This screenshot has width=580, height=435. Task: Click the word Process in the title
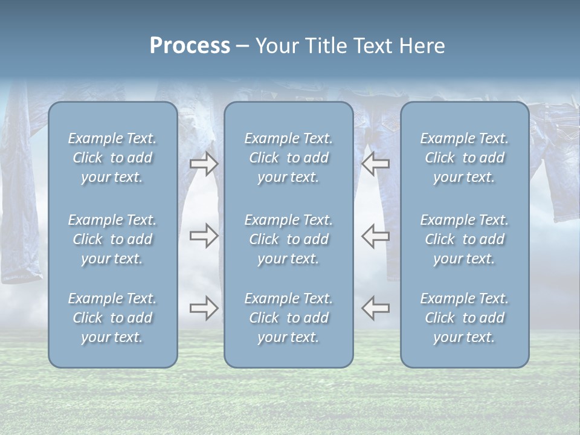pyautogui.click(x=190, y=46)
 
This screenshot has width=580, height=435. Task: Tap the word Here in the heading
pyautogui.click(x=422, y=46)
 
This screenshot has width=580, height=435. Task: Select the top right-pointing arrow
pyautogui.click(x=204, y=164)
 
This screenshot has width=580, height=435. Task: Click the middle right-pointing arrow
pyautogui.click(x=204, y=236)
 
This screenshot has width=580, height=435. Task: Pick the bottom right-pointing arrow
pyautogui.click(x=204, y=308)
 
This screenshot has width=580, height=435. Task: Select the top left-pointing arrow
pyautogui.click(x=376, y=164)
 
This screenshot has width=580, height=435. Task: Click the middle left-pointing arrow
pyautogui.click(x=376, y=236)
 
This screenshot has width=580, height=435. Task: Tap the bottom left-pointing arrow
pyautogui.click(x=376, y=308)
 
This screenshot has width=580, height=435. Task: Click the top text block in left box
pyautogui.click(x=112, y=158)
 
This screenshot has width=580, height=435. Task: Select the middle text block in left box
pyautogui.click(x=112, y=239)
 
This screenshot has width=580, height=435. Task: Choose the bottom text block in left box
pyautogui.click(x=112, y=318)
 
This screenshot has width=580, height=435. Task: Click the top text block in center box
pyautogui.click(x=288, y=158)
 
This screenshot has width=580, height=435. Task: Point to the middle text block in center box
pyautogui.click(x=288, y=239)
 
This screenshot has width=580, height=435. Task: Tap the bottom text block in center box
pyautogui.click(x=288, y=318)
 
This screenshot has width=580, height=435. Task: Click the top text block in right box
pyautogui.click(x=464, y=158)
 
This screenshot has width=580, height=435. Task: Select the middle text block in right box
pyautogui.click(x=464, y=239)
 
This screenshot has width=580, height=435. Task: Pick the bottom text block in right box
pyautogui.click(x=464, y=318)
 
